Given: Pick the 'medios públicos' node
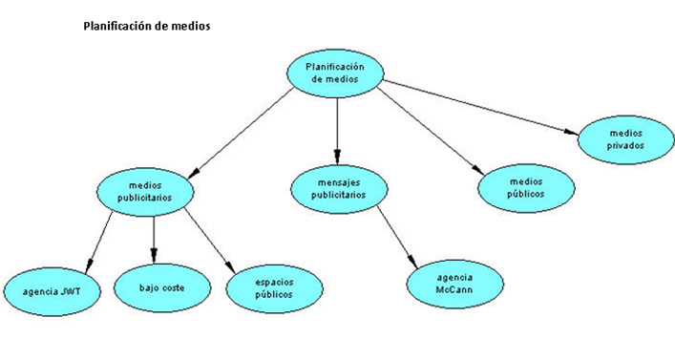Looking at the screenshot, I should tap(525, 186).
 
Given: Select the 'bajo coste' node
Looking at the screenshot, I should tap(161, 286).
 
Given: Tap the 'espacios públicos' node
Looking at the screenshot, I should tap(273, 287).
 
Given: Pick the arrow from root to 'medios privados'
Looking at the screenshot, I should tap(477, 108).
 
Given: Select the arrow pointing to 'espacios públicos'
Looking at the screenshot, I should tap(209, 240).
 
